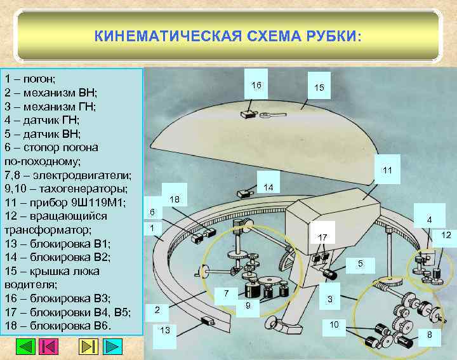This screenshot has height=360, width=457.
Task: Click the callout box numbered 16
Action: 256,84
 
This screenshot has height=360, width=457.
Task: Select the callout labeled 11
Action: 387,170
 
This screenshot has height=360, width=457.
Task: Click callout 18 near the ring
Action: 175,200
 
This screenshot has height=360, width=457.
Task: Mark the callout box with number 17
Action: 322,237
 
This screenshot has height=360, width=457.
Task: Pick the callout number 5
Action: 361,263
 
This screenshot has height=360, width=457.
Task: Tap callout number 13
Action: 166,331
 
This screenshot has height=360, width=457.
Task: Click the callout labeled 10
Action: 334,325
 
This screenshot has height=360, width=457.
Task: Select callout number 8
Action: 429,335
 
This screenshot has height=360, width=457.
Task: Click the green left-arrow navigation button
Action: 25,347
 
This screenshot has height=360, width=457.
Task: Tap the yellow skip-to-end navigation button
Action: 89,347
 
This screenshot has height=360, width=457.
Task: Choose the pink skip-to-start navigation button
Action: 48,347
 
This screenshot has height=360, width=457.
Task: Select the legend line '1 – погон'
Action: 30,79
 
